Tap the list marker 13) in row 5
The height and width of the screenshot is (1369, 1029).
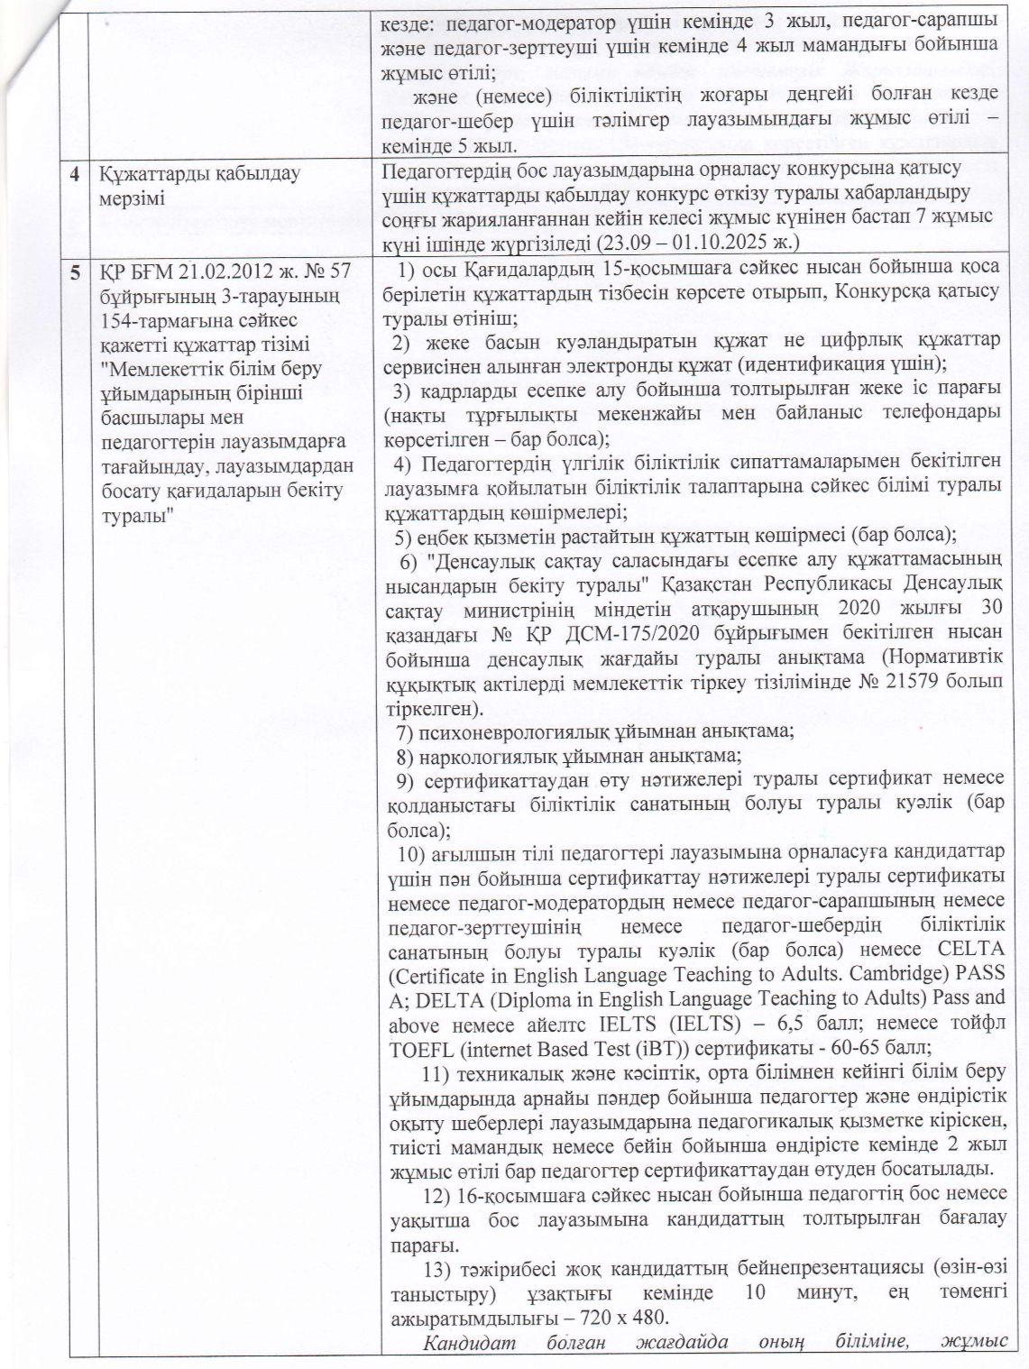tap(436, 1271)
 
